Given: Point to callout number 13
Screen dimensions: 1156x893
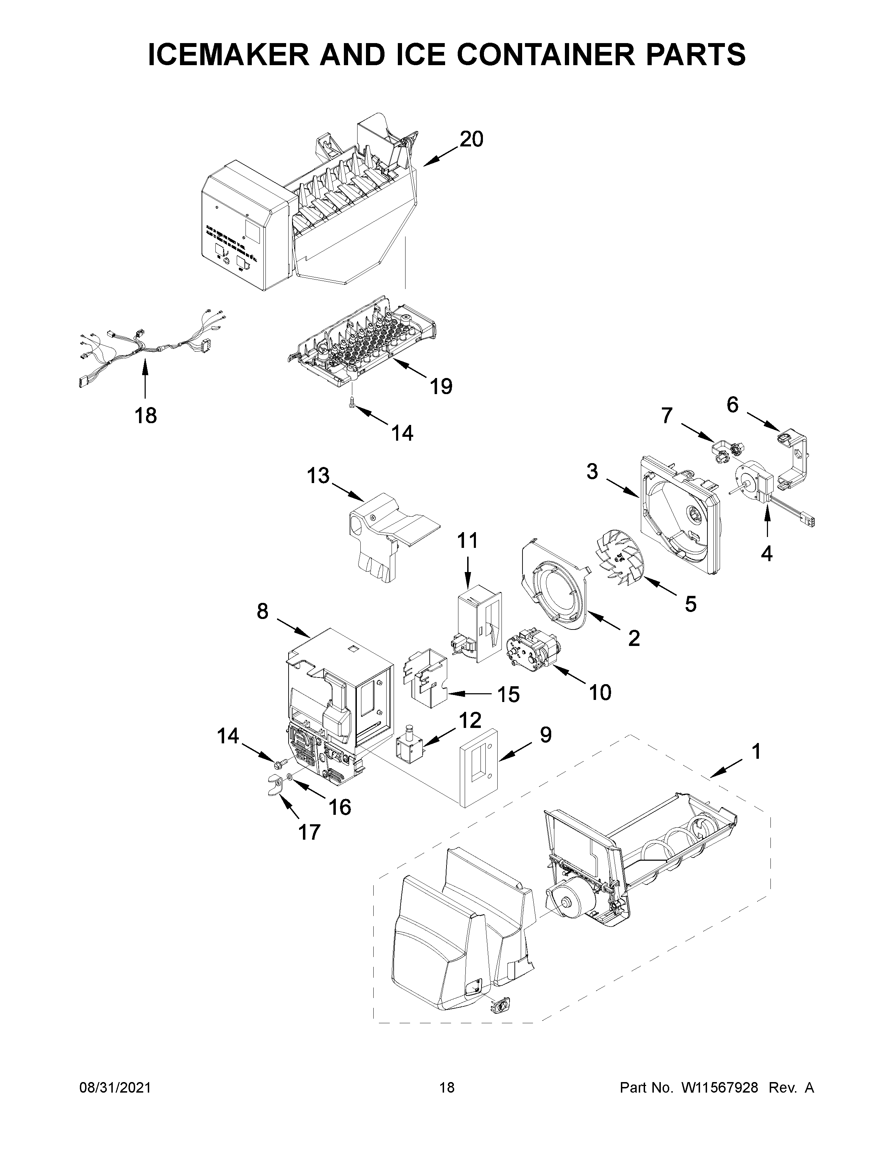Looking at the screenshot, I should point(318,476).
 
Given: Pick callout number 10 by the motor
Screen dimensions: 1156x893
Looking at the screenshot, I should point(600,692).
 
